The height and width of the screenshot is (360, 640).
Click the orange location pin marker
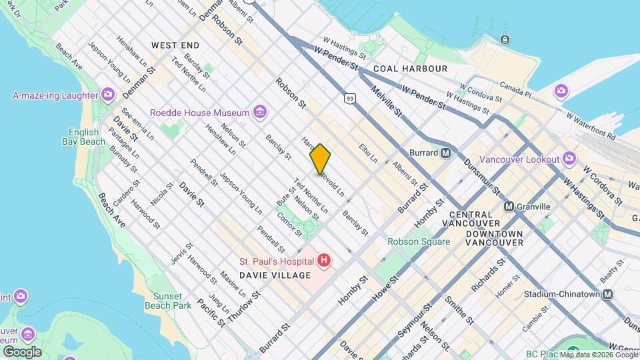320,159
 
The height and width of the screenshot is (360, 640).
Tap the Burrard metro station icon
447,153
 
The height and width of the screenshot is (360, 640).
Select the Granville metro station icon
509,207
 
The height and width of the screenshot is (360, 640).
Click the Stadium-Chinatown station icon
607,294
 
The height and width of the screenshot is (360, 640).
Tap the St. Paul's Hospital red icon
324,260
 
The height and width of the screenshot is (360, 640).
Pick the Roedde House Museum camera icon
260,112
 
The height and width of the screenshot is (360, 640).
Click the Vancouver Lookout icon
569,158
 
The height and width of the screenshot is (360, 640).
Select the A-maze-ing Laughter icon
107,95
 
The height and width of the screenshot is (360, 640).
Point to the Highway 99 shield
349,98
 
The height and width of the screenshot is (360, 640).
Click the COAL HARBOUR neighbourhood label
410,69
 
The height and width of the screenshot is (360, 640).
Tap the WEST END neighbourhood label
175,45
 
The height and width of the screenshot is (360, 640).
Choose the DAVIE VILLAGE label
275,275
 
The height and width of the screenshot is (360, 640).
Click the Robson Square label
419,241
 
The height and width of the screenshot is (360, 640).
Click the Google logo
22,351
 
